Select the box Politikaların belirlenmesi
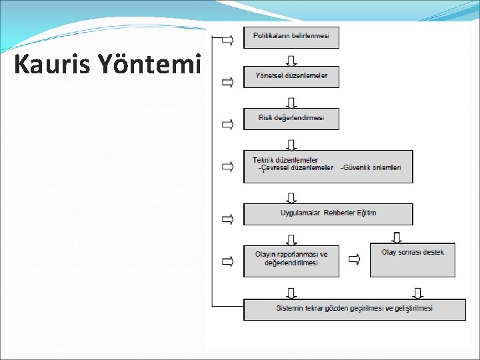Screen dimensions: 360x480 291,37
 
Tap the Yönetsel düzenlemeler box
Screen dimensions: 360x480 291,77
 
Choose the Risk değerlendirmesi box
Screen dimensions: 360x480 291,119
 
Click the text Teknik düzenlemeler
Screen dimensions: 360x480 285,160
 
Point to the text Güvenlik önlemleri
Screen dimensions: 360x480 371,168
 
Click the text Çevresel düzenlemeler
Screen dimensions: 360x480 296,168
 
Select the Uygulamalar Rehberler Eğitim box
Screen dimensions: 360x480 328,213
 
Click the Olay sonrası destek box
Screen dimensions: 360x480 412,259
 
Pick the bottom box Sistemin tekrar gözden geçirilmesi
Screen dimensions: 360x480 354,309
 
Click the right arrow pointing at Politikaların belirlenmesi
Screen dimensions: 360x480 227,41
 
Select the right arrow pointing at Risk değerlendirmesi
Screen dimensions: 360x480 227,124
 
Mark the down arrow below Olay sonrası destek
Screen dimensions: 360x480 418,292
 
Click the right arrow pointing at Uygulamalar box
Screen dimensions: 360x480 227,219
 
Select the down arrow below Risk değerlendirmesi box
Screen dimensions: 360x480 291,143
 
